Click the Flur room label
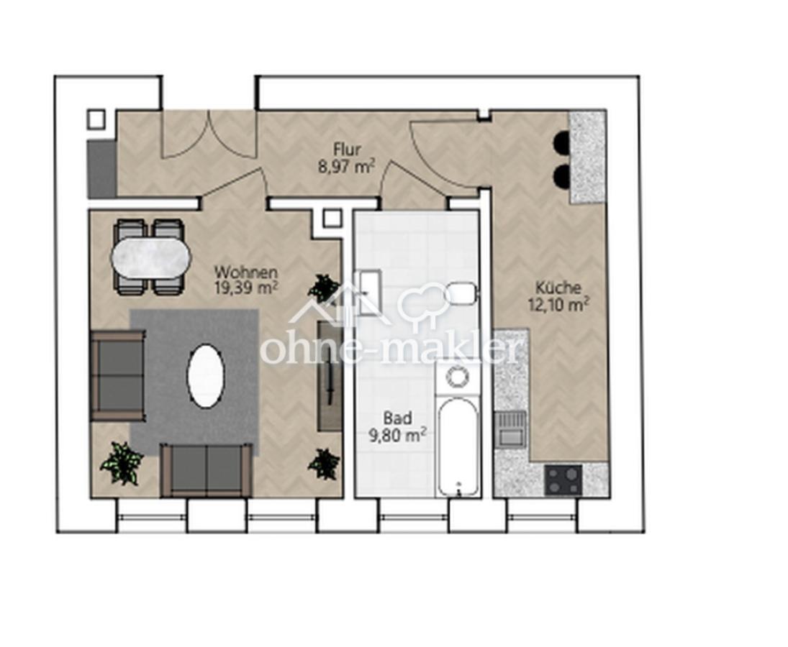[348, 150]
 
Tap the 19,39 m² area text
[246, 288]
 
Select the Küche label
[558, 288]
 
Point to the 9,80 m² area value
[398, 435]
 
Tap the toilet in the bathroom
[461, 293]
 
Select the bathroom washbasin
[368, 293]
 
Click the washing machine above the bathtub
[457, 377]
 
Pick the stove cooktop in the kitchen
[563, 479]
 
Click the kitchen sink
[510, 428]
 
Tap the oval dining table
[151, 257]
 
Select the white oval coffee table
[206, 375]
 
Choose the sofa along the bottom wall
[206, 470]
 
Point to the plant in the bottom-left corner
[122, 463]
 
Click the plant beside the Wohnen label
[322, 288]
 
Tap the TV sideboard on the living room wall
[329, 376]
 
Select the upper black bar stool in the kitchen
[562, 142]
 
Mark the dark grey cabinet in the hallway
[102, 169]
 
